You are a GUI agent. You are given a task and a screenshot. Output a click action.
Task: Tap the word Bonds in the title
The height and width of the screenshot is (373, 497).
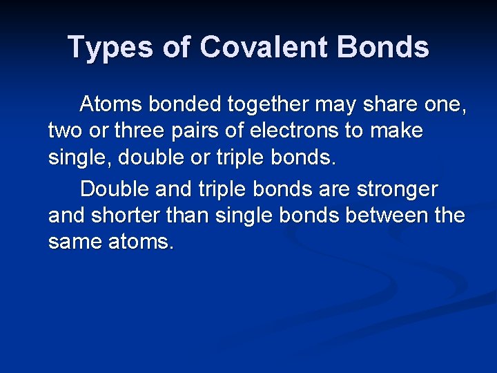point(384,48)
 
